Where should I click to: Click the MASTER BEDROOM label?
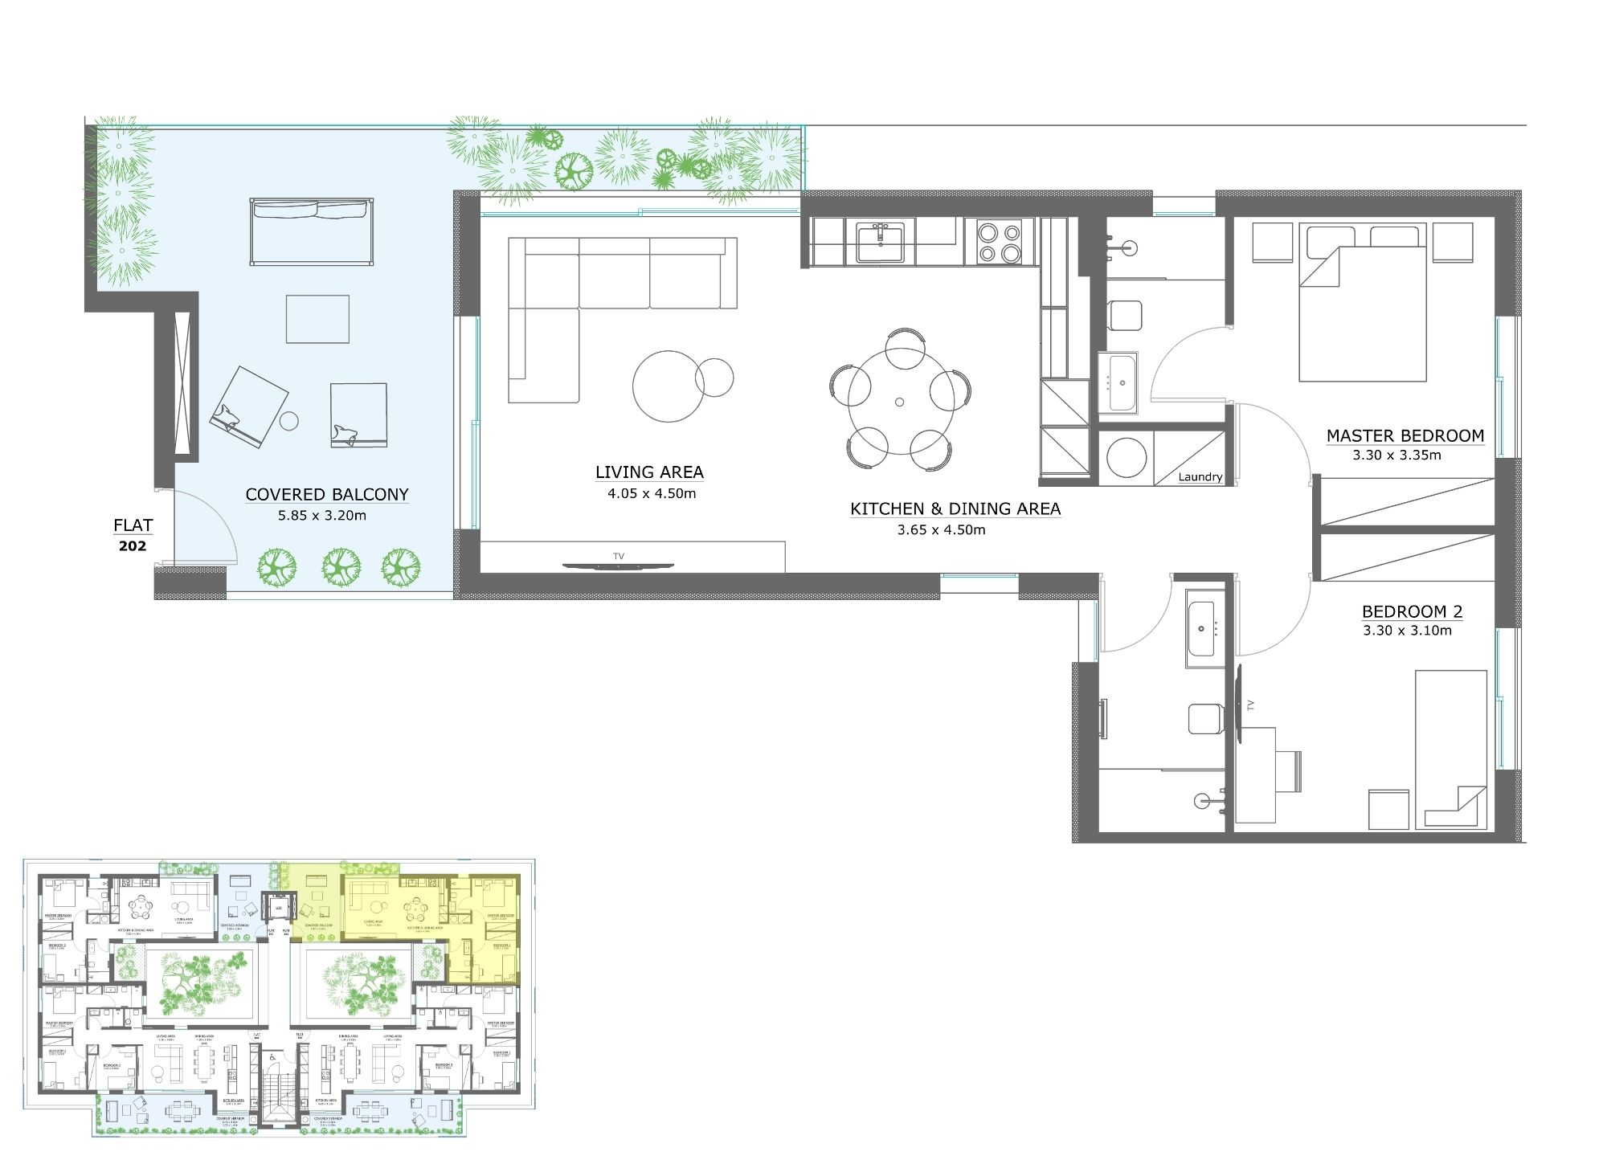pos(1405,435)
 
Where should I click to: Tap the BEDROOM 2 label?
pos(1412,611)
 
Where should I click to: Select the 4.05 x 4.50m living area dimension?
pos(652,493)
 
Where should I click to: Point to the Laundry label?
pos(1200,476)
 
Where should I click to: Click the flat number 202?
pos(133,546)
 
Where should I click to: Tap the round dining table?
pos(900,401)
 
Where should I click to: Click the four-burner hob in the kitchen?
pos(999,242)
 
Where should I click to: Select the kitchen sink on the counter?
pos(881,243)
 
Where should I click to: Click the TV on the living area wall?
pos(617,566)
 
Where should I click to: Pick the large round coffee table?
pos(669,386)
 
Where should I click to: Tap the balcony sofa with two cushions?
pos(312,231)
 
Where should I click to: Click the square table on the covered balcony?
pos(317,318)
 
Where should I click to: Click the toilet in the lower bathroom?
pos(1204,717)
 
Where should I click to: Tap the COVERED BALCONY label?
pos(327,494)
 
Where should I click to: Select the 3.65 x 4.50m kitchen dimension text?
pos(941,530)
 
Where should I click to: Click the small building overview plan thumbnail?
pos(279,999)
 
